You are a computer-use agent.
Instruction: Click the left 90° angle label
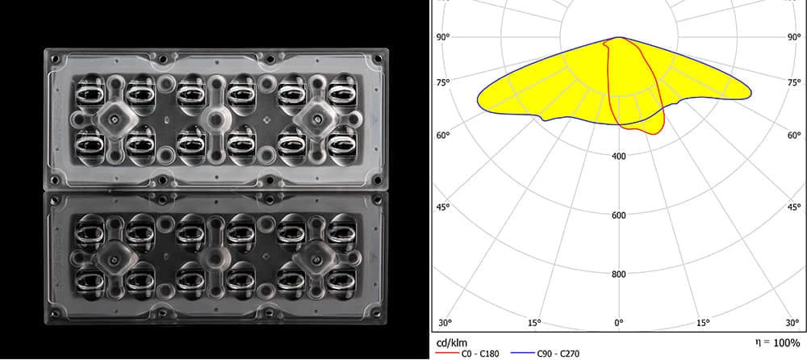click(x=442, y=37)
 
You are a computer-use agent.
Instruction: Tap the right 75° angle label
click(x=794, y=83)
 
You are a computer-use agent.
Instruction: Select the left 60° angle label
click(x=442, y=135)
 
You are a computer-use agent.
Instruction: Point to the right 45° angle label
click(x=794, y=207)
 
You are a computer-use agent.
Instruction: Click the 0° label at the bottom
click(x=618, y=323)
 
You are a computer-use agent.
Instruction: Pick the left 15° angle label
click(x=533, y=323)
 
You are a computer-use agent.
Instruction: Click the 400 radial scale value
click(x=618, y=156)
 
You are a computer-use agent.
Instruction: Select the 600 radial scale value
click(x=618, y=215)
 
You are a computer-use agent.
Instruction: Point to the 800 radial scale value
click(x=618, y=274)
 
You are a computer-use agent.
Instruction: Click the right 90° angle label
click(x=794, y=37)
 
